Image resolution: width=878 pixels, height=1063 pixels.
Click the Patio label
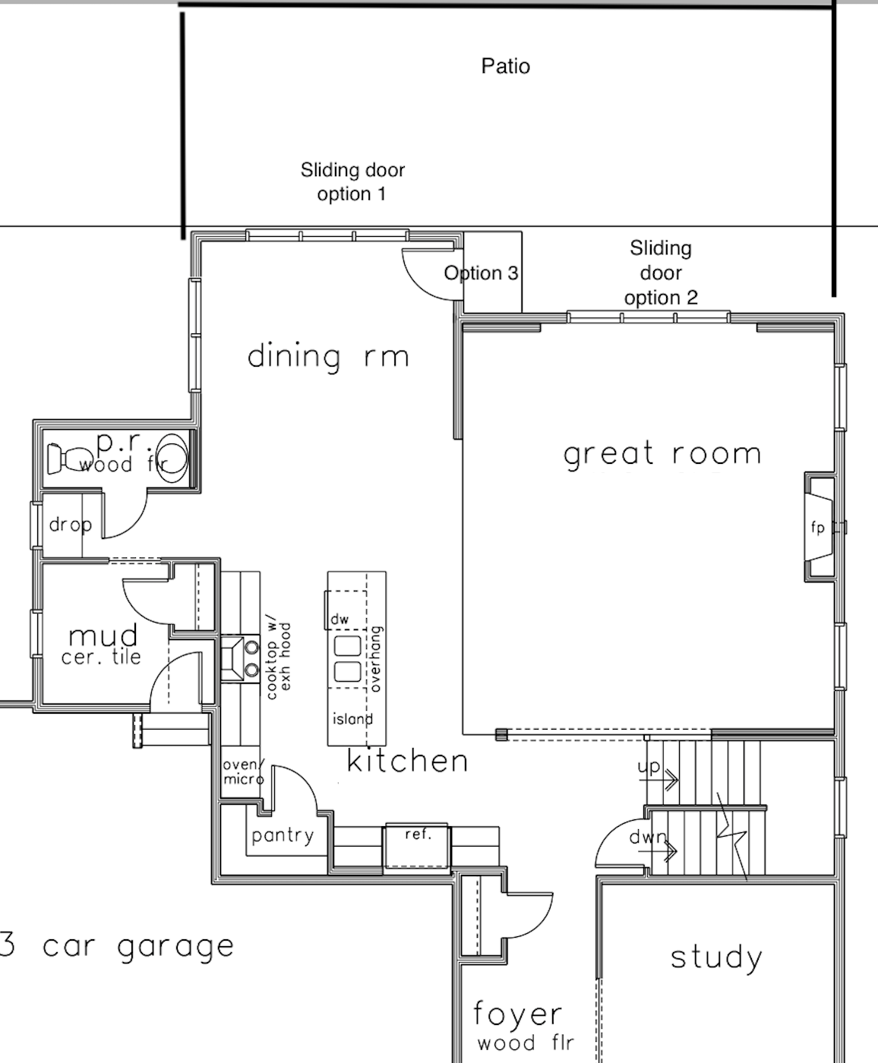pos(506,66)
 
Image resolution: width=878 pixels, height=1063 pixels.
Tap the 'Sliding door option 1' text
pos(352,181)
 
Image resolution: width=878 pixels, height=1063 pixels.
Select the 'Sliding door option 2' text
pos(661,273)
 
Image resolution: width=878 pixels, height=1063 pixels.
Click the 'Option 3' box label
pos(482,273)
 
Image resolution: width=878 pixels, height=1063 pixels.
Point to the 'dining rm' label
pos(328,356)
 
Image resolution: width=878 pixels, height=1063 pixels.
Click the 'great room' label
pos(662,454)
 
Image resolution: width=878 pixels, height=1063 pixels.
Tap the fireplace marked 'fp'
pos(820,528)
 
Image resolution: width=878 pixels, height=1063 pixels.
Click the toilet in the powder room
pos(69,458)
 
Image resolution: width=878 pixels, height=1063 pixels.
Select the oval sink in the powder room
pos(171,458)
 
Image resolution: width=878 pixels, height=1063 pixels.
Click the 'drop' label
pos(71,525)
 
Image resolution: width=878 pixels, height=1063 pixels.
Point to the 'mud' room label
pos(103,636)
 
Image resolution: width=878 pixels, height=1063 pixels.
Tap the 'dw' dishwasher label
pos(340,619)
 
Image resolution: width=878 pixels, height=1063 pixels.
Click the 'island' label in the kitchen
pos(352,719)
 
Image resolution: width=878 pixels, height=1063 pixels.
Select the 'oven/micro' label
pos(244,771)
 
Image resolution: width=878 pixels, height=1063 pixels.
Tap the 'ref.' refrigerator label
pos(418,834)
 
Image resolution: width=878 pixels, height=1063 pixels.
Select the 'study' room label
pos(716,959)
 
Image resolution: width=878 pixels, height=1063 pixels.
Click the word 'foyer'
pos(517,1014)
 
